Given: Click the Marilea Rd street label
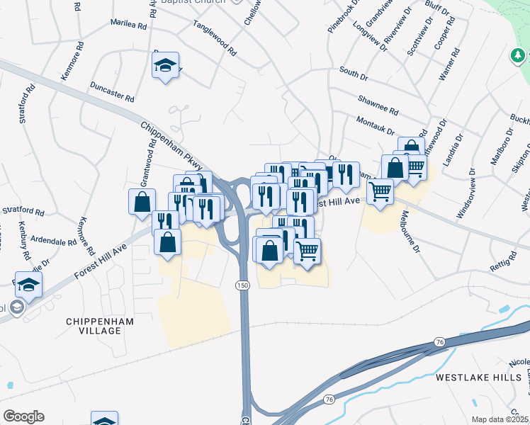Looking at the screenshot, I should pos(128,23).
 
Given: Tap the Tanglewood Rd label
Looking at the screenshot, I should pos(214,38).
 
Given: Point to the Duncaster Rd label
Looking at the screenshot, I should pos(112,91).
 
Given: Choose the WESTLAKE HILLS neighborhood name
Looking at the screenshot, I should pos(479,377).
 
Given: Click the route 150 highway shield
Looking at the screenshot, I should pos(242,284).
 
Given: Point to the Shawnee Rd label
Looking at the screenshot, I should pos(378,106).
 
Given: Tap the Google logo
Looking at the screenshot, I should pos(23,416).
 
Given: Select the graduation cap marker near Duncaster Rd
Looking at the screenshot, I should pos(166,66).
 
